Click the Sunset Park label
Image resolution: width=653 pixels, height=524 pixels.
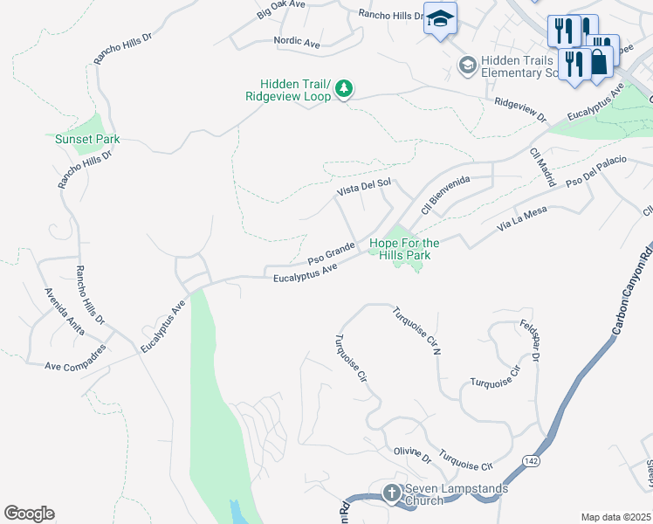[x=87, y=139]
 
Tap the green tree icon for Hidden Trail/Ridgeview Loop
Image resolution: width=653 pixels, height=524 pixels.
[x=345, y=88]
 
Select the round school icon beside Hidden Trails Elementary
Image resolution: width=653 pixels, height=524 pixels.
[x=467, y=65]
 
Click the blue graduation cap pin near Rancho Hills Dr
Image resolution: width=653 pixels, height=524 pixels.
[x=440, y=17]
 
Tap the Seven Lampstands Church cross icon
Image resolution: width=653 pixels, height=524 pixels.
[x=391, y=493]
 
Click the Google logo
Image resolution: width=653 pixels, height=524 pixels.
[x=29, y=514]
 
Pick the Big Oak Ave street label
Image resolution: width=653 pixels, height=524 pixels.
[x=280, y=10]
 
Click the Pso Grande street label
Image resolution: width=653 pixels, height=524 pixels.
[x=331, y=254]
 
